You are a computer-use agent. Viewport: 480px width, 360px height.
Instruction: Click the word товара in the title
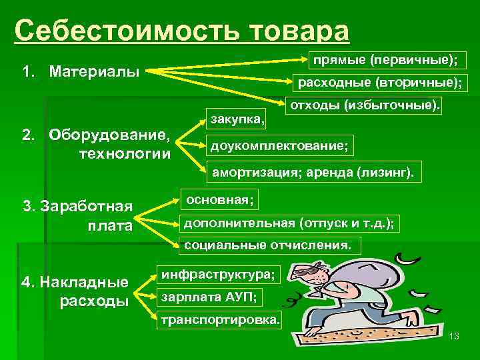click(x=297, y=31)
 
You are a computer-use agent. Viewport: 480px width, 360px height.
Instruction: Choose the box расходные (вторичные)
click(x=381, y=83)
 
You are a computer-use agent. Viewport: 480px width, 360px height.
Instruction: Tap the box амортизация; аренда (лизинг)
click(x=313, y=173)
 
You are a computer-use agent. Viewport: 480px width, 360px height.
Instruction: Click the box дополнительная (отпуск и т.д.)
click(x=288, y=223)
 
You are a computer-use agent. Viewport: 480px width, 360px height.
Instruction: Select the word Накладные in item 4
click(x=84, y=282)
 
